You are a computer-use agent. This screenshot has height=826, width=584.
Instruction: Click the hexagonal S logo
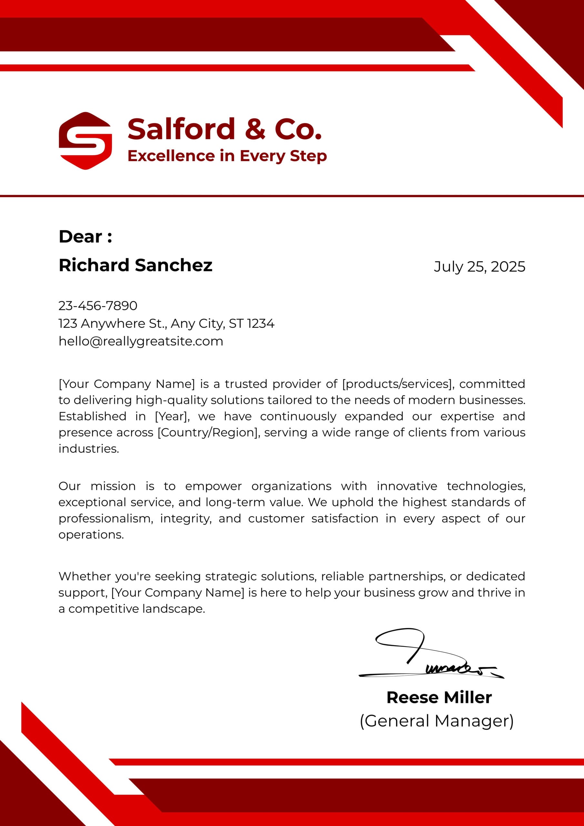click(85, 141)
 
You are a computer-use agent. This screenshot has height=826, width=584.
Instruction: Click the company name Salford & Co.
click(224, 129)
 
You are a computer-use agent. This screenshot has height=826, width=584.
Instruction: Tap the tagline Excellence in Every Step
click(227, 156)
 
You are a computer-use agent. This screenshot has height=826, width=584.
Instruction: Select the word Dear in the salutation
click(81, 237)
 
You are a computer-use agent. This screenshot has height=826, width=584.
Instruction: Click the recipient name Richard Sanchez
click(135, 265)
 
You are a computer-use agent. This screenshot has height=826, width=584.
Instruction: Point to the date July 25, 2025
click(479, 267)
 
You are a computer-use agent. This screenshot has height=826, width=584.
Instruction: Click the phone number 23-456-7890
click(98, 306)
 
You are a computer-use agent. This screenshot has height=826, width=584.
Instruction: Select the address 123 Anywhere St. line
click(166, 323)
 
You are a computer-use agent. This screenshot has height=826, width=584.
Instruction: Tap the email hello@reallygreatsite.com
click(141, 341)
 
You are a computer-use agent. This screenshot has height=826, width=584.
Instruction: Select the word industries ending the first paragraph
click(88, 448)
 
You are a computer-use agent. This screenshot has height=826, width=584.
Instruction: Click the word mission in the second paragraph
click(113, 486)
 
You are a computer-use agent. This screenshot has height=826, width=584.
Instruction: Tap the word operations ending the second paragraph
click(91, 535)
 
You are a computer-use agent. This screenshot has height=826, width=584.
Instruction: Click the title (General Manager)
click(437, 721)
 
